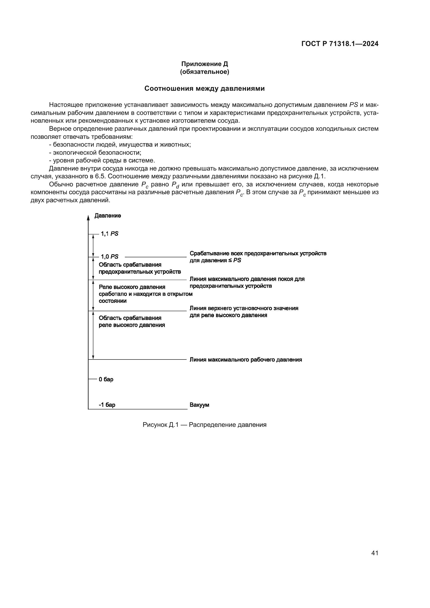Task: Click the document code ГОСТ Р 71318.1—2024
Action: [340, 44]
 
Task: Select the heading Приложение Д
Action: [204, 64]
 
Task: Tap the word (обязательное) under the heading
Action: [204, 72]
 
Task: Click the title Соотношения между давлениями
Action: [204, 88]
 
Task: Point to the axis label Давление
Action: [108, 216]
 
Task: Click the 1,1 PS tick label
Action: [109, 234]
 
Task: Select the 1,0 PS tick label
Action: [109, 257]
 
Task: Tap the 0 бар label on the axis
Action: [106, 379]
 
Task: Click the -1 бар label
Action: [107, 405]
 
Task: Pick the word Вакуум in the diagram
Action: [199, 405]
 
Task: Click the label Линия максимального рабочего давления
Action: [246, 359]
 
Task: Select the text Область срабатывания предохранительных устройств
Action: [140, 268]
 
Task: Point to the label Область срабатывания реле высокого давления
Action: [132, 322]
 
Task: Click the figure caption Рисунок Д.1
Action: [204, 425]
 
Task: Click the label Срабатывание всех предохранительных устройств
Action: [258, 254]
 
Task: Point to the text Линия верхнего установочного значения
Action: [244, 308]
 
